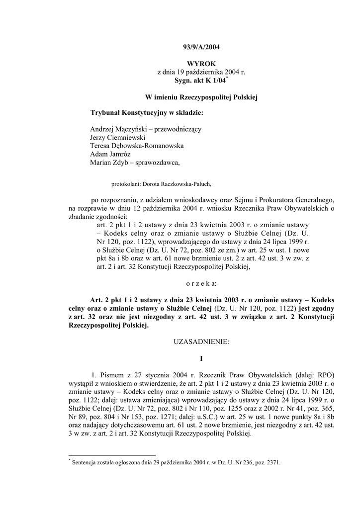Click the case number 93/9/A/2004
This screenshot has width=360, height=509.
(x=201, y=48)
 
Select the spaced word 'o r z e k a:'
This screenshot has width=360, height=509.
(x=201, y=283)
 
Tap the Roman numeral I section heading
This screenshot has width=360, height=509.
(x=201, y=358)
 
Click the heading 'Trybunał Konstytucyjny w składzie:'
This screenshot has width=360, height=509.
(x=147, y=112)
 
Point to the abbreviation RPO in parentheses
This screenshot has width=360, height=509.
(x=324, y=374)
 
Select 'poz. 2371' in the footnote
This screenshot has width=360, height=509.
(x=266, y=462)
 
